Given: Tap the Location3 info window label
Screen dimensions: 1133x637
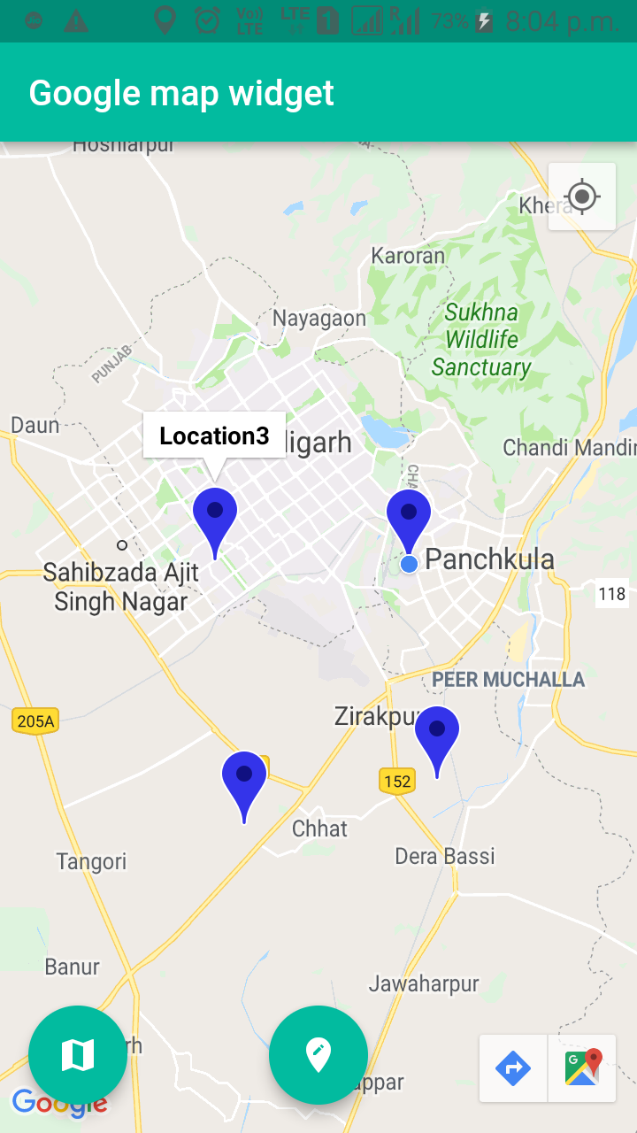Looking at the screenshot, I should [214, 435].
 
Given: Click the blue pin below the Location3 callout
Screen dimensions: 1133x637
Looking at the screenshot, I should [215, 514].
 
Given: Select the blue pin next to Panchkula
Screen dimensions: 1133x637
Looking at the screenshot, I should [409, 515].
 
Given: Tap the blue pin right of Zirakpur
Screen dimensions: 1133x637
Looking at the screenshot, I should [437, 733].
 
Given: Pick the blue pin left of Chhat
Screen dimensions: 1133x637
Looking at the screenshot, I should [244, 778].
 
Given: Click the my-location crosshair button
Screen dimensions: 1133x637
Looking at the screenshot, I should [582, 197].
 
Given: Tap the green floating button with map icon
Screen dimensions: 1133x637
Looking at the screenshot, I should [78, 1054].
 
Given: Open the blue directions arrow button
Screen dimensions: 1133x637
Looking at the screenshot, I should [513, 1068].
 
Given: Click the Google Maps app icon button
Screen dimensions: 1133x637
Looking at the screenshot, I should [583, 1068].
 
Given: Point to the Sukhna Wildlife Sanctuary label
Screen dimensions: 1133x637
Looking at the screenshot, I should [481, 340].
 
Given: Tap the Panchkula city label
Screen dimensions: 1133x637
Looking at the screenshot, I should [489, 559].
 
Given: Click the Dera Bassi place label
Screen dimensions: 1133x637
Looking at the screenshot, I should [444, 856].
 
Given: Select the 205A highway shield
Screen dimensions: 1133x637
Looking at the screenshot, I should [35, 721].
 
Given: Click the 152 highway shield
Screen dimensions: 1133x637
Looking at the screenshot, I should [397, 781].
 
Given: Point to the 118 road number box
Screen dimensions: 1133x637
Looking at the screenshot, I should [611, 593].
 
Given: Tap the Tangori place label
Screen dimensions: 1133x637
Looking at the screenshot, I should [91, 861].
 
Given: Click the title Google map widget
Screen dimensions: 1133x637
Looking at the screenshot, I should [181, 93].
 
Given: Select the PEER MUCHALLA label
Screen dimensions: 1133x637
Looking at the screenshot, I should [508, 680].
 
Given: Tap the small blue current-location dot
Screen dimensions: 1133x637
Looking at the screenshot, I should [409, 564].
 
